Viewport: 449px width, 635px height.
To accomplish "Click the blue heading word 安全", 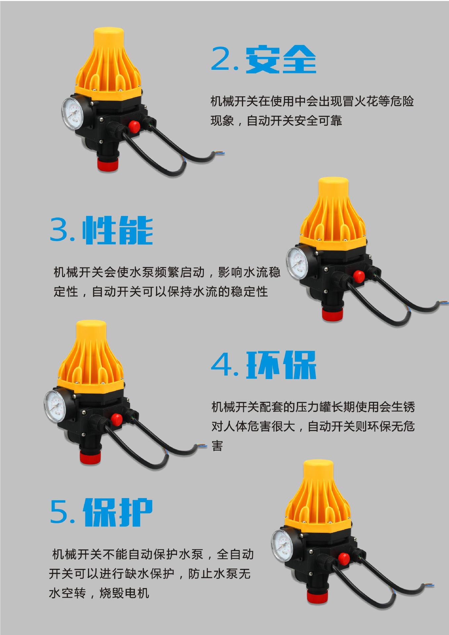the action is point(281,59).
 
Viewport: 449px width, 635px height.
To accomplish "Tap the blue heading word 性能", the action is point(117,230).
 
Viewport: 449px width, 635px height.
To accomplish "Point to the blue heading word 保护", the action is point(117,513).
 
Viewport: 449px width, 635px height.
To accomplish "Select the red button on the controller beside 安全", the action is point(134,126).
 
